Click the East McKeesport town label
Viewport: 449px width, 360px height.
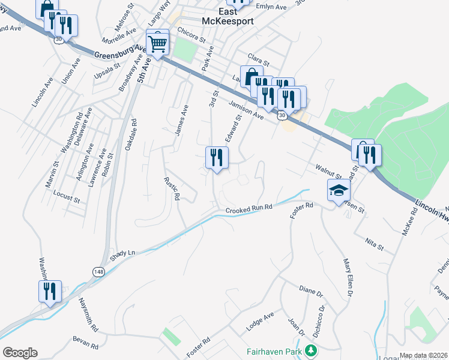[x=228, y=16]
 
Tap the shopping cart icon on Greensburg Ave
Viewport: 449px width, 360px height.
[x=157, y=42]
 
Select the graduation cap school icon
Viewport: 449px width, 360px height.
[x=338, y=191]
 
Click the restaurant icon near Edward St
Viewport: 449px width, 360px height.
[x=217, y=158]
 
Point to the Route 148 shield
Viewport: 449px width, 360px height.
[x=98, y=272]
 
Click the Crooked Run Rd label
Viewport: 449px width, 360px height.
[x=249, y=209]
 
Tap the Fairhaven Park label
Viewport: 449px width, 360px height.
[x=273, y=350]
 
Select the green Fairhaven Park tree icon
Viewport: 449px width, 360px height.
[x=310, y=350]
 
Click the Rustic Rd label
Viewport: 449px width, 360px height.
[x=172, y=188]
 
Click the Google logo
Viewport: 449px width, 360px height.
[x=20, y=353]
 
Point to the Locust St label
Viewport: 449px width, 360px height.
[x=66, y=196]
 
